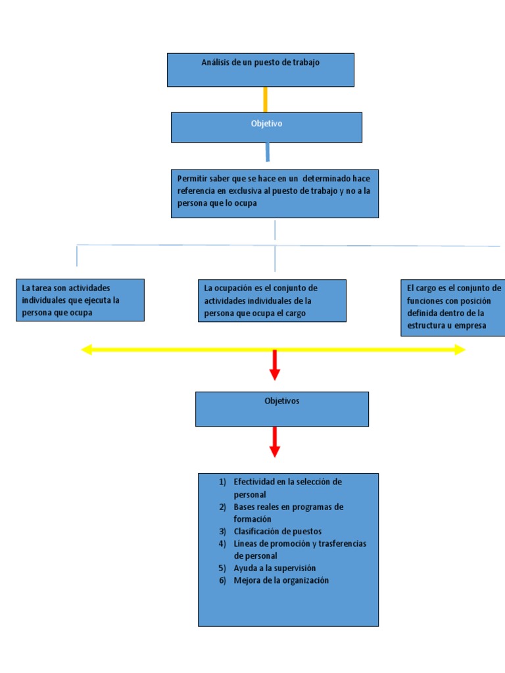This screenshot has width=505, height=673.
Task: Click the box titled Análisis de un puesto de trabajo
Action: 260,70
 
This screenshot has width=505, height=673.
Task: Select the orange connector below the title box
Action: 266,99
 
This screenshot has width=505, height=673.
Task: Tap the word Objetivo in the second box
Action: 266,124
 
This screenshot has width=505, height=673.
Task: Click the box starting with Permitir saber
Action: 274,193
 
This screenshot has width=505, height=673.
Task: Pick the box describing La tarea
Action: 80,300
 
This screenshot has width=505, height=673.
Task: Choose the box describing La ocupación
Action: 272,300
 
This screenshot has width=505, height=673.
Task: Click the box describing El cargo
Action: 452,308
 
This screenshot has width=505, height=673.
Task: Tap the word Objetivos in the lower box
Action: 281,401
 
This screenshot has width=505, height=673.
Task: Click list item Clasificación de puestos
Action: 277,531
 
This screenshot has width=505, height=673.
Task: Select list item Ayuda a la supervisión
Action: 275,568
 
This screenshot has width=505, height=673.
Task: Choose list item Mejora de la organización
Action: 281,580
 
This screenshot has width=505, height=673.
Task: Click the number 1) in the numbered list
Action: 223,482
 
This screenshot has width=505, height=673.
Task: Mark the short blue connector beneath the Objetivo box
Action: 268,152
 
